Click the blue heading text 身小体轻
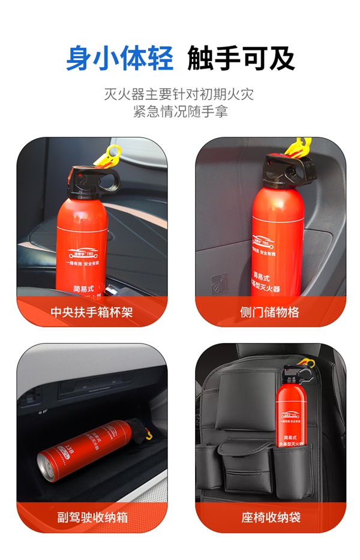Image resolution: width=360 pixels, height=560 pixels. coord(119,58)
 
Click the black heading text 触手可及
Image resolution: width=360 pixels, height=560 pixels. coord(241,58)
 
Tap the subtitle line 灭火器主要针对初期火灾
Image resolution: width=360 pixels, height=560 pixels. coord(180,95)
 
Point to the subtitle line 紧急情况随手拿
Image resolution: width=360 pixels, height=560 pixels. coord(180,112)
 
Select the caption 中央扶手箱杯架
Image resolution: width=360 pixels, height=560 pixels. coord(91,312)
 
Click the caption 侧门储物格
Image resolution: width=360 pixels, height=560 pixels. coord(269,312)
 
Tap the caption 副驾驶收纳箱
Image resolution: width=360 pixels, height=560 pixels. coord(91,517)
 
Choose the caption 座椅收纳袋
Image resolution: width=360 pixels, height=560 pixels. coord(269,517)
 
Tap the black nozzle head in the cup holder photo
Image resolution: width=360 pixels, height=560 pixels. coord(90,179)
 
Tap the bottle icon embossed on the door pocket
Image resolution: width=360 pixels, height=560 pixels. coord(218,282)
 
